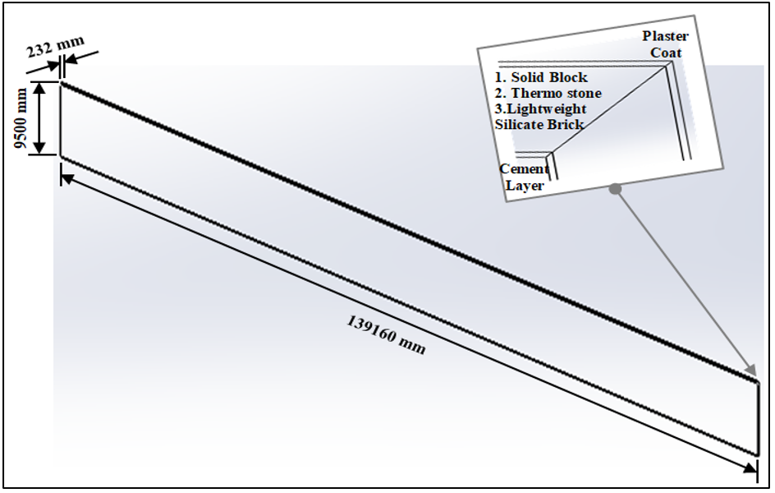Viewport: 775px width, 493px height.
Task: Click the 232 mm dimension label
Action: point(55,47)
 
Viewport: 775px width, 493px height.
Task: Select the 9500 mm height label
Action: point(21,118)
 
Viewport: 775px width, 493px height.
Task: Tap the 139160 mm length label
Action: point(386,335)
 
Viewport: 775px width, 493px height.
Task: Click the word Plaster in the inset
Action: point(665,36)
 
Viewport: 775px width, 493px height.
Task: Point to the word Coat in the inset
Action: point(667,53)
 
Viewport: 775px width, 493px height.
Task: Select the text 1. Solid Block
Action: point(541,77)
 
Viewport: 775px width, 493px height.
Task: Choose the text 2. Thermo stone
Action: point(548,93)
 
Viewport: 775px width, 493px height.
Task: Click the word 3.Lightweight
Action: point(541,109)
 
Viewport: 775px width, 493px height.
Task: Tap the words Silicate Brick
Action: point(539,124)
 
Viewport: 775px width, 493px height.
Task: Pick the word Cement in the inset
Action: point(524,169)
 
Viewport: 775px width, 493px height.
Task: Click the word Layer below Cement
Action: point(525,186)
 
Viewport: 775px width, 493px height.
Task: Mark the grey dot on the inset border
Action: point(615,188)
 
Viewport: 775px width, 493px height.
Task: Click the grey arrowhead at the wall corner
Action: point(750,370)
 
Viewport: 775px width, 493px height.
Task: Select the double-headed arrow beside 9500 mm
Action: point(39,118)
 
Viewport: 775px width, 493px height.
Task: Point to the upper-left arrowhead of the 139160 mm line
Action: point(67,178)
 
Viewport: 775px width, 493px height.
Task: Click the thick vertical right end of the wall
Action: point(757,418)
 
